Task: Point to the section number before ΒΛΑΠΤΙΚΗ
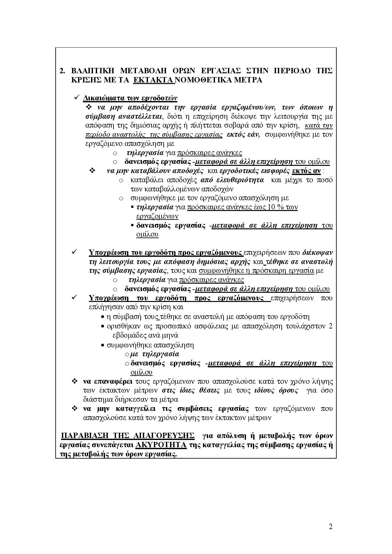pos(62,70)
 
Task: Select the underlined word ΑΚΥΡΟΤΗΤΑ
pos(161,445)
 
